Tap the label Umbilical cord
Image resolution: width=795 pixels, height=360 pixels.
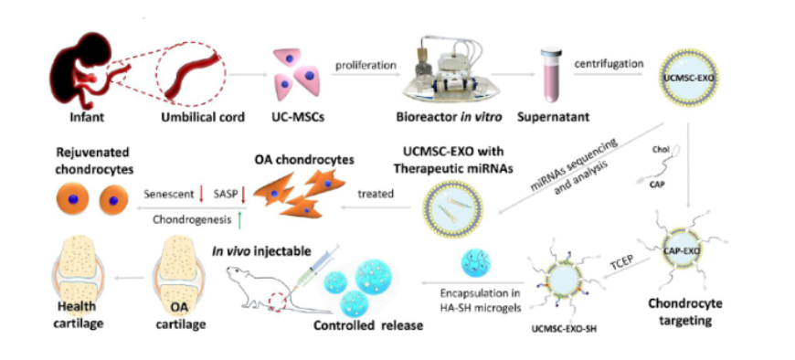click(203, 118)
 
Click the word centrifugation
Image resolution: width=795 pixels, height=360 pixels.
click(609, 64)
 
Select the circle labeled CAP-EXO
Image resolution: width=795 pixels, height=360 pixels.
click(687, 249)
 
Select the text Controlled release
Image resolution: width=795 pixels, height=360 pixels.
click(368, 324)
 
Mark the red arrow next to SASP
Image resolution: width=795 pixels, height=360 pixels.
click(243, 195)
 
